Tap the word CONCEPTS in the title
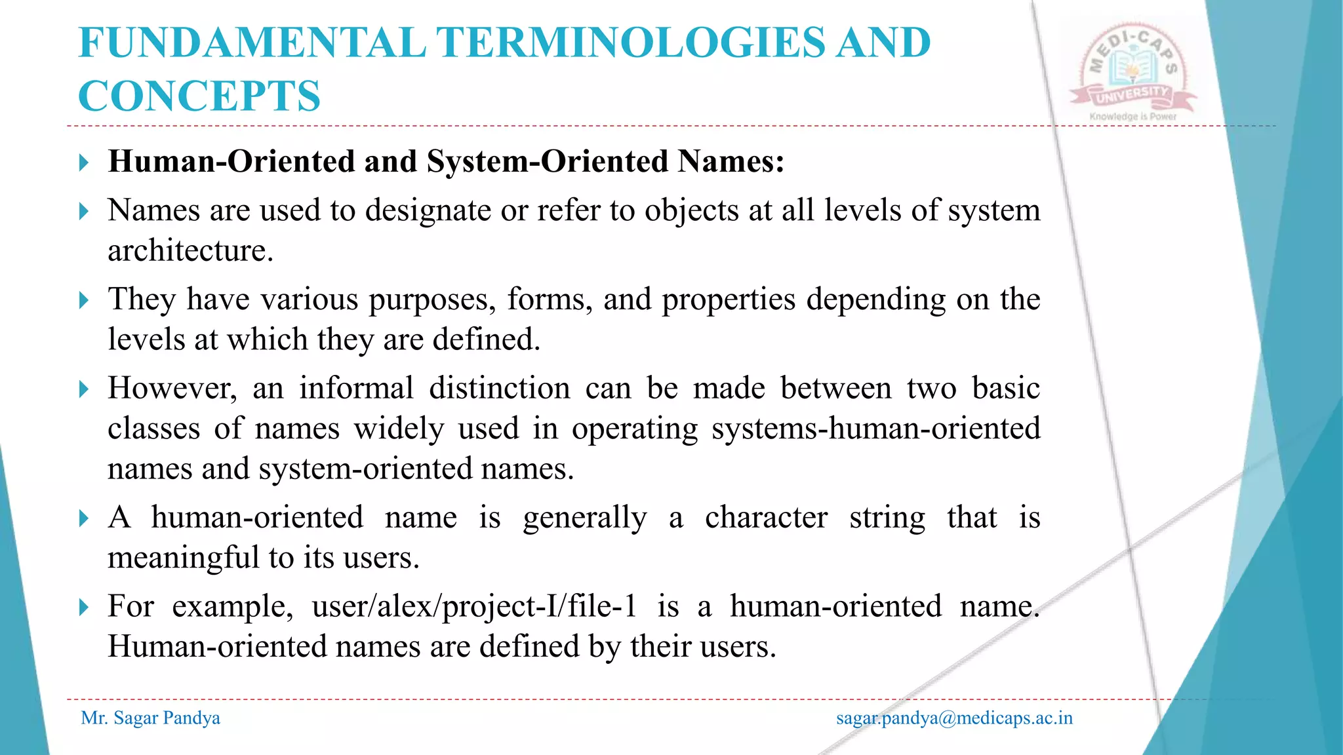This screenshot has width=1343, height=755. click(199, 96)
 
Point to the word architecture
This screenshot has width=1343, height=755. click(190, 250)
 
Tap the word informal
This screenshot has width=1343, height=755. click(356, 388)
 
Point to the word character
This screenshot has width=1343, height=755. click(766, 517)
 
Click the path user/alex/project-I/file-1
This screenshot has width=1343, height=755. click(474, 606)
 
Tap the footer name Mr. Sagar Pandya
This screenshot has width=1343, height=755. click(150, 718)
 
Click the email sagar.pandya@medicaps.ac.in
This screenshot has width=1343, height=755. click(954, 718)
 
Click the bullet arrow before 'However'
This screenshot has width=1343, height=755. click(83, 389)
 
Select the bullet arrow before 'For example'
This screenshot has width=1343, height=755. click(83, 608)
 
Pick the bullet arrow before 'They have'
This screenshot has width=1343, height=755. click(83, 301)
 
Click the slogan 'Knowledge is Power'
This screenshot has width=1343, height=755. click(1133, 117)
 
